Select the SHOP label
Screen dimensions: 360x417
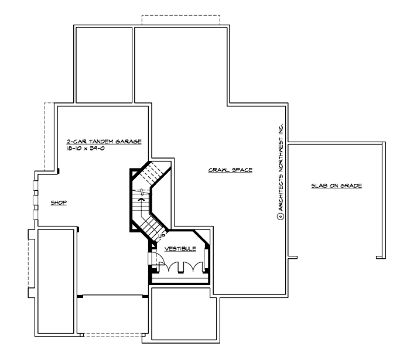59,203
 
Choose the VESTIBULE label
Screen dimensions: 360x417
180,248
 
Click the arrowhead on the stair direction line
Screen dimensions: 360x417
140,199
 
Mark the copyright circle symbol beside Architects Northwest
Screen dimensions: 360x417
280,215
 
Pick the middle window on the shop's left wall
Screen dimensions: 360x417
35,203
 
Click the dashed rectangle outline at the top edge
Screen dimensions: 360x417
180,18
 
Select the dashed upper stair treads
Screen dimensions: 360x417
155,173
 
